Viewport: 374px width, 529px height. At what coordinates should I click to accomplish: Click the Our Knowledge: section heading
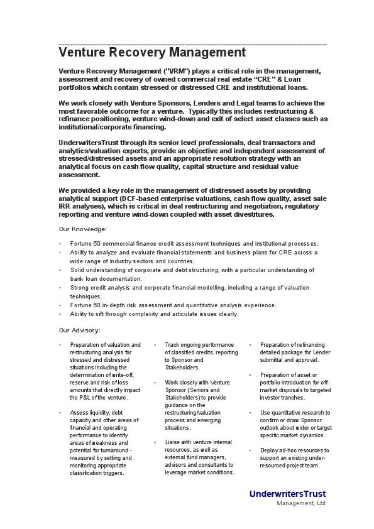click(83, 229)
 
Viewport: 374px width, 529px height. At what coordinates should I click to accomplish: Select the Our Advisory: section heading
click(80, 330)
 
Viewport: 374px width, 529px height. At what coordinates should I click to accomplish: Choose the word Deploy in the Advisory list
click(270, 450)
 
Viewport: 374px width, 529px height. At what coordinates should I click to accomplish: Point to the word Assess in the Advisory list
click(80, 413)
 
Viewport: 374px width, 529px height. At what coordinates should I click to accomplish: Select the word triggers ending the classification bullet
click(112, 473)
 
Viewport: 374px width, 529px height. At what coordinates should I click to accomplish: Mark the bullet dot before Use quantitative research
click(250, 413)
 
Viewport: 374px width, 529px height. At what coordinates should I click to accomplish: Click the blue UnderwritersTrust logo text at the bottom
click(287, 494)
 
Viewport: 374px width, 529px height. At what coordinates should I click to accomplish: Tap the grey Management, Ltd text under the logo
click(301, 503)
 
